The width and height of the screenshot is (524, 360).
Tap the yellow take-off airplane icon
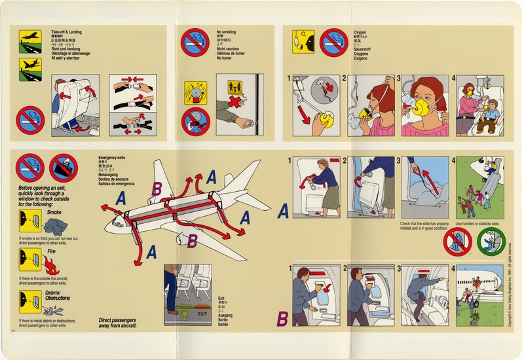pyautogui.click(x=30, y=40)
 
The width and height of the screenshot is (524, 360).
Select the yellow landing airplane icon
pyautogui.click(x=30, y=69)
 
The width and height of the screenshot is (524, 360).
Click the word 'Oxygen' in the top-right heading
pyautogui.click(x=360, y=31)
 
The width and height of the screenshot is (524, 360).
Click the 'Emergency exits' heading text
pyautogui.click(x=113, y=158)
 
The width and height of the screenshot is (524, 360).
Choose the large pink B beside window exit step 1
pyautogui.click(x=282, y=319)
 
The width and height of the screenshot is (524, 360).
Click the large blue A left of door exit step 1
pyautogui.click(x=283, y=211)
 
